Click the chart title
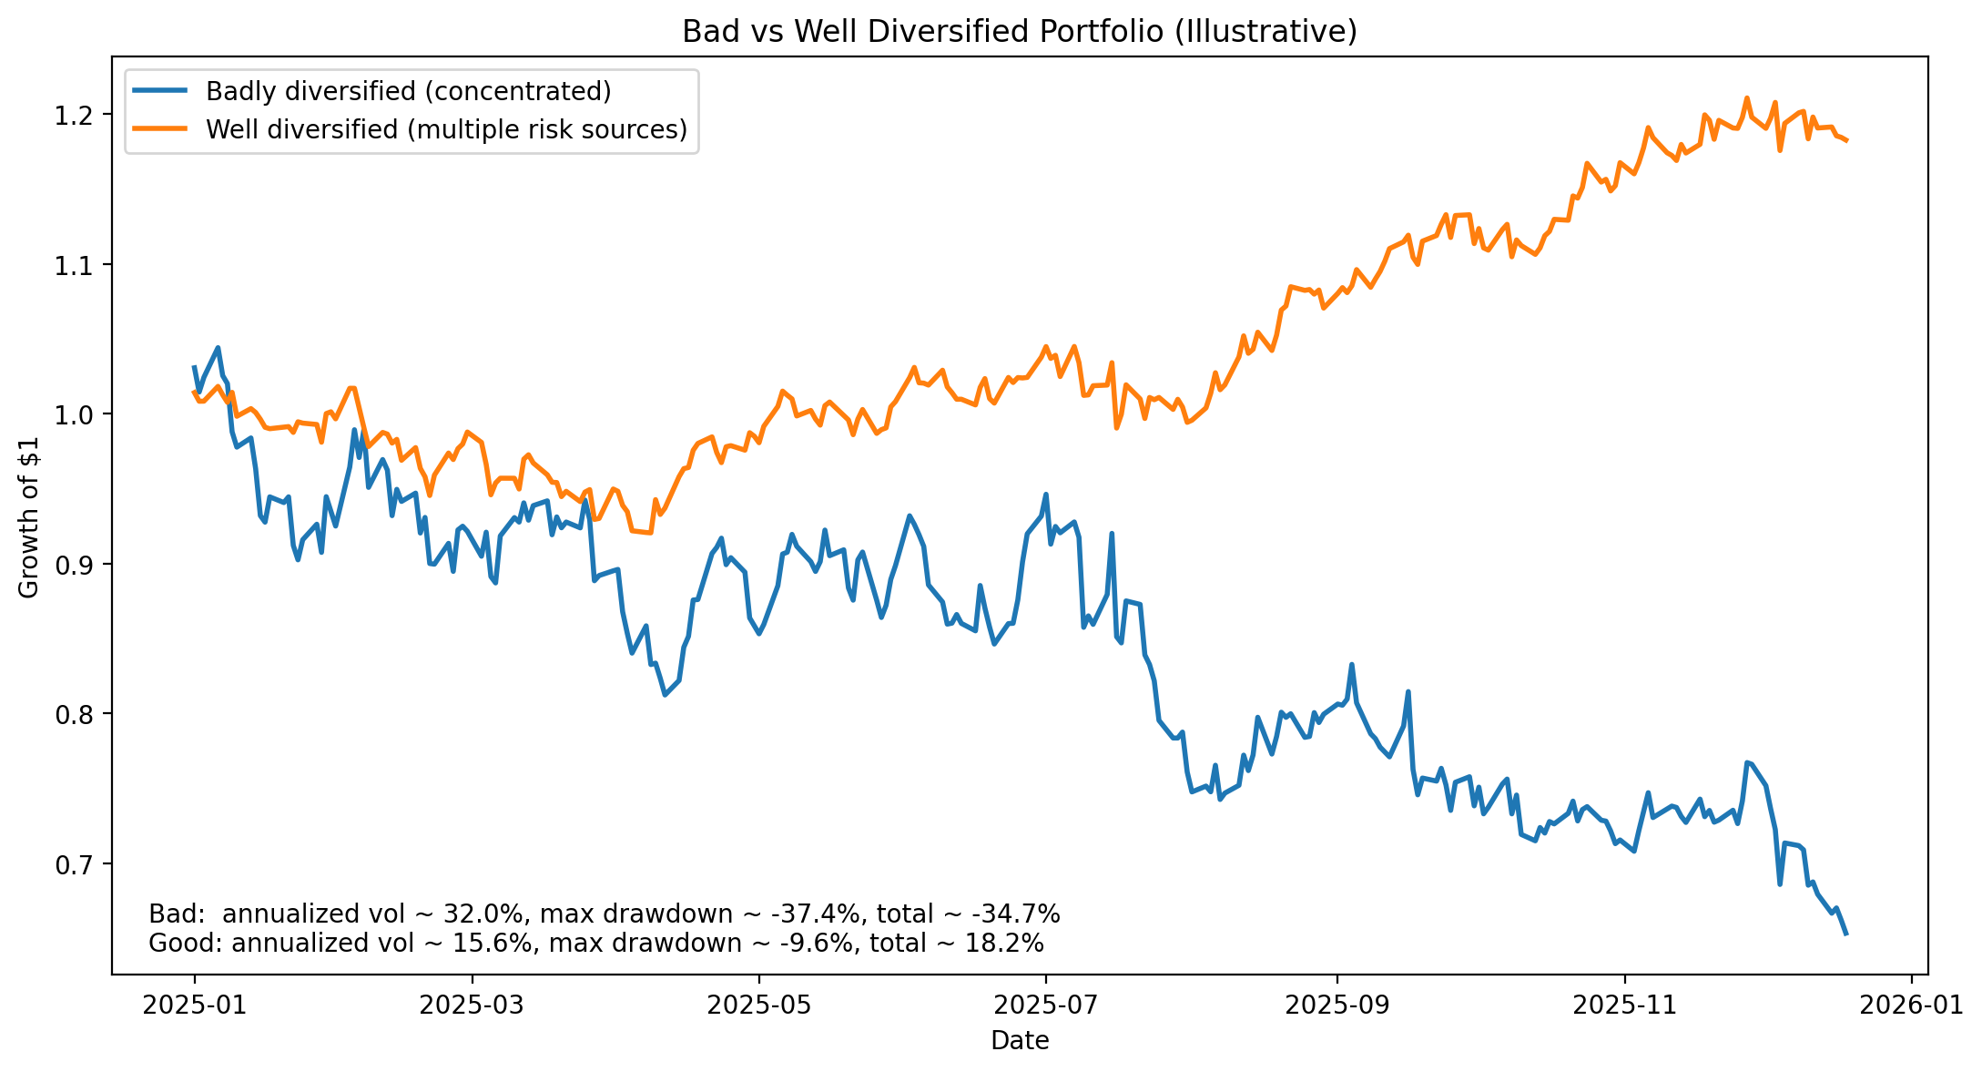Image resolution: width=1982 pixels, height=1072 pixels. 1019,32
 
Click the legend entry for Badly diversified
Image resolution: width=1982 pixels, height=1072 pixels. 408,92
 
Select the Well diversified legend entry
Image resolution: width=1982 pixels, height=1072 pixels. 446,129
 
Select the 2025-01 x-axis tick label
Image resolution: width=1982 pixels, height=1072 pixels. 194,1005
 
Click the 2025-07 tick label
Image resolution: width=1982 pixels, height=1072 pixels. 1045,1005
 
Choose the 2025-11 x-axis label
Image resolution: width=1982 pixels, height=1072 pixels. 1624,1005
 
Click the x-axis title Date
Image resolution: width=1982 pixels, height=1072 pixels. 1019,1041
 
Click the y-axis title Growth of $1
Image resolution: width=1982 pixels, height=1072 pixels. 29,516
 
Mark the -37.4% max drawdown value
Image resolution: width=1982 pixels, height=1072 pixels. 822,914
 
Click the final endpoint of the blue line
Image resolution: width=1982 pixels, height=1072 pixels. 1845,934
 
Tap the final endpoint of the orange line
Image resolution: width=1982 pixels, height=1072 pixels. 1845,140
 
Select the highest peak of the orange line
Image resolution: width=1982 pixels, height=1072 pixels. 1746,97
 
